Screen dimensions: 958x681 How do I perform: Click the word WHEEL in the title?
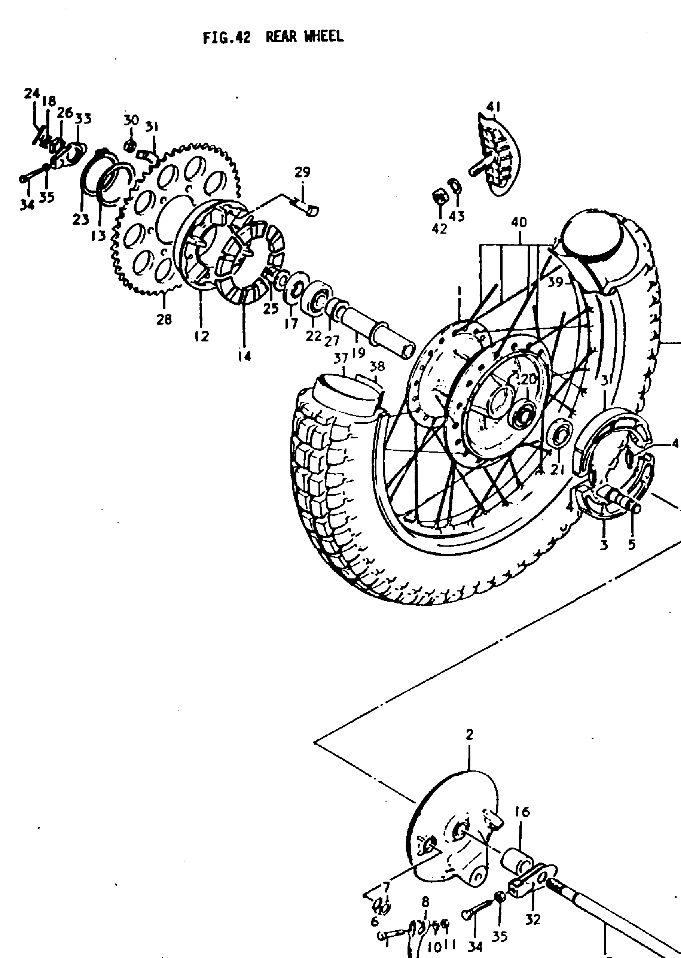point(323,36)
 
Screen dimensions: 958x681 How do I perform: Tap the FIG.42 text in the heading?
point(226,38)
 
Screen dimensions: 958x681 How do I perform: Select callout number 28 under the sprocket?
point(164,320)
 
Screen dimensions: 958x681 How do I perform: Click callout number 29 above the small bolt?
point(302,172)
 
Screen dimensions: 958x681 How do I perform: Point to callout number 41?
point(493,107)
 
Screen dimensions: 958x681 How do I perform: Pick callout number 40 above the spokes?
point(519,222)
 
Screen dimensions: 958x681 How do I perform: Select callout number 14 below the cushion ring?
point(244,356)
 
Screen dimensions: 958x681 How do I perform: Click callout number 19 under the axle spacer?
point(358,353)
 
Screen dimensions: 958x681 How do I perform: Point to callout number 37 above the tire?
point(341,359)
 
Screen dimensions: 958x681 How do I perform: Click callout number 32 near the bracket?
point(532,920)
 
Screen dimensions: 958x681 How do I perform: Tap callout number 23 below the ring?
point(81,219)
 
